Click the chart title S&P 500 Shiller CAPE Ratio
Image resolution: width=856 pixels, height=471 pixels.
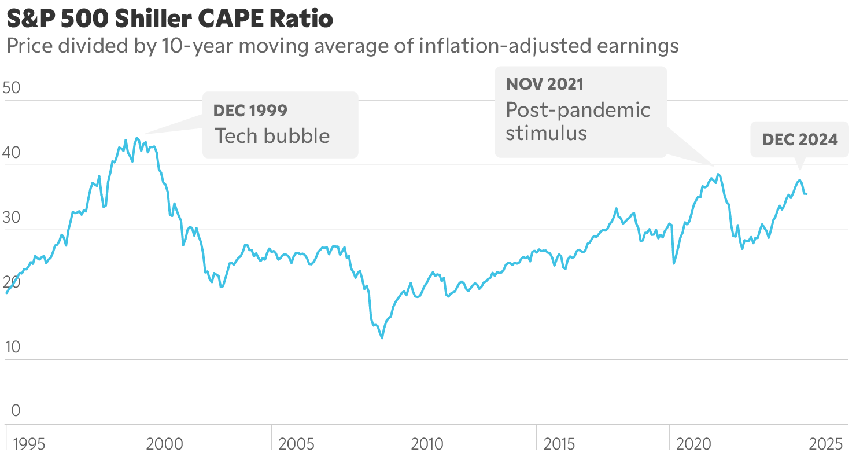click(169, 19)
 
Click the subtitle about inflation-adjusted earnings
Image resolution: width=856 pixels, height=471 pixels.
click(342, 46)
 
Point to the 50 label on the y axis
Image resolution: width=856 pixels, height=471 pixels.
click(12, 88)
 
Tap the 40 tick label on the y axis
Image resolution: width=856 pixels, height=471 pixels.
click(12, 153)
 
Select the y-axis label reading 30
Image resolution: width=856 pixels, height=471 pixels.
click(12, 218)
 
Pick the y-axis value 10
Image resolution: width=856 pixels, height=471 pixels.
click(12, 347)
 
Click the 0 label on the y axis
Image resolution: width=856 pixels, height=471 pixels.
click(16, 411)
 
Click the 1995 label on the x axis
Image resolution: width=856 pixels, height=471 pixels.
click(29, 444)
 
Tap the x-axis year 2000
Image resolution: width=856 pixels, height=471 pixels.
click(164, 444)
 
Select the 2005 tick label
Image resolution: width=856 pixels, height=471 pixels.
click(297, 444)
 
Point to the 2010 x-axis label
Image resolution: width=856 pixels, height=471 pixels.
click(427, 444)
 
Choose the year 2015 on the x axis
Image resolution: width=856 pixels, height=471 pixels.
click(559, 444)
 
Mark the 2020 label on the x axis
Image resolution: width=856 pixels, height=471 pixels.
click(693, 444)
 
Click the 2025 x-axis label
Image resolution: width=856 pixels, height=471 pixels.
click(826, 444)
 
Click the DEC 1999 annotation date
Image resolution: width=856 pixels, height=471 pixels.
click(250, 111)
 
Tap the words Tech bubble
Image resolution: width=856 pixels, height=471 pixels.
click(272, 136)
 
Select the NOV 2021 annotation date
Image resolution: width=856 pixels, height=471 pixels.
click(544, 84)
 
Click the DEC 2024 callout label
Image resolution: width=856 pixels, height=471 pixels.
click(800, 139)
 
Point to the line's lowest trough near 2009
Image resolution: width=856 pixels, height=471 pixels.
click(382, 338)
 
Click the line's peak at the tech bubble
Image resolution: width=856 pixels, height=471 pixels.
click(136, 138)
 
